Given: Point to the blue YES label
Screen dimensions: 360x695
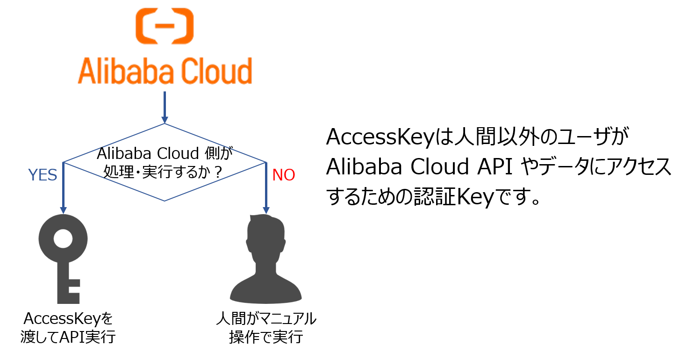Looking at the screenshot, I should click(x=43, y=175).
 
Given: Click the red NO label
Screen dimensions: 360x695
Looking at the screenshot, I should click(x=283, y=175).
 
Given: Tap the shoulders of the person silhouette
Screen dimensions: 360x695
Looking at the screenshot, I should click(x=266, y=290).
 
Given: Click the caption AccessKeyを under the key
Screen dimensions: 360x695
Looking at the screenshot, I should click(x=68, y=319).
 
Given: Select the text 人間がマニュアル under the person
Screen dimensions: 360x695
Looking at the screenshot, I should click(x=266, y=319).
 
